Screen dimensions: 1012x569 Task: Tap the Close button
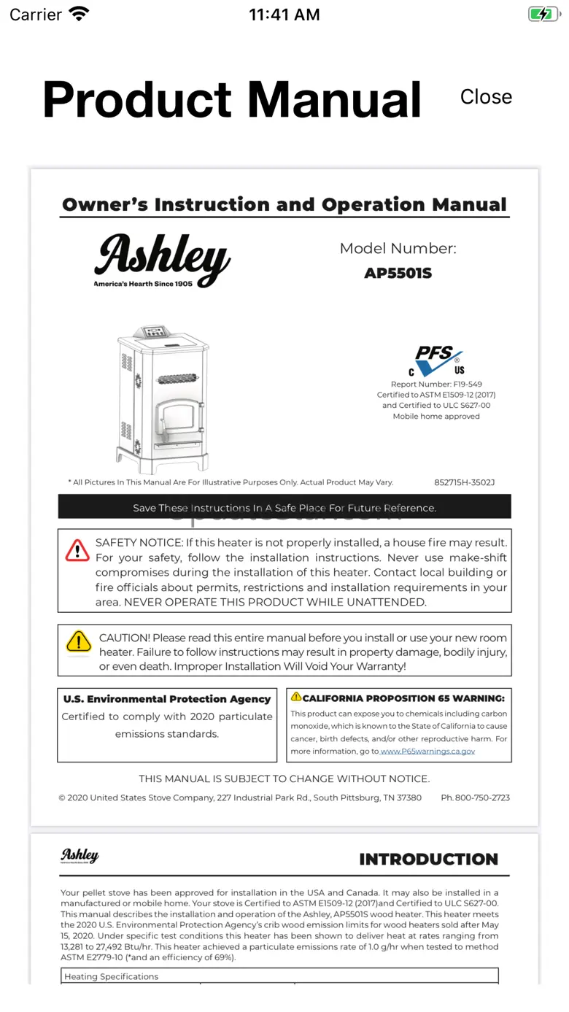coord(486,97)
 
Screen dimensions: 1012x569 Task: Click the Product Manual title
coord(232,99)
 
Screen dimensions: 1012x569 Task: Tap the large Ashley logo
coord(162,260)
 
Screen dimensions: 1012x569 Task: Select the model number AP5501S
coord(398,274)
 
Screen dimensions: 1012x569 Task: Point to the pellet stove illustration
coord(162,400)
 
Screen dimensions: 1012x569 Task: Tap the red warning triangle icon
coord(77,550)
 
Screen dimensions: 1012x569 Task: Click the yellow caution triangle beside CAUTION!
coord(79,641)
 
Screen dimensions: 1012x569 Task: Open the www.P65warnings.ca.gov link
coord(427,751)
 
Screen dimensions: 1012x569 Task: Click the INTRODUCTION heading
coord(428,859)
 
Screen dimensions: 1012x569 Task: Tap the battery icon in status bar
coord(543,14)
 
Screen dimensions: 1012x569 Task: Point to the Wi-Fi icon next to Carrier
coord(78,14)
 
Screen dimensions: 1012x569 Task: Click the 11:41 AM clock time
coord(284,15)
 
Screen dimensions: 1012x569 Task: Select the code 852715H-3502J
coord(464,482)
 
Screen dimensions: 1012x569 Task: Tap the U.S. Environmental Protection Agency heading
coord(167,699)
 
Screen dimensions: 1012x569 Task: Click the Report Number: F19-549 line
coord(436,384)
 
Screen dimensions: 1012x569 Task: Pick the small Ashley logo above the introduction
coord(80,856)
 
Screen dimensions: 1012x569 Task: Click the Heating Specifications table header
coord(111,976)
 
